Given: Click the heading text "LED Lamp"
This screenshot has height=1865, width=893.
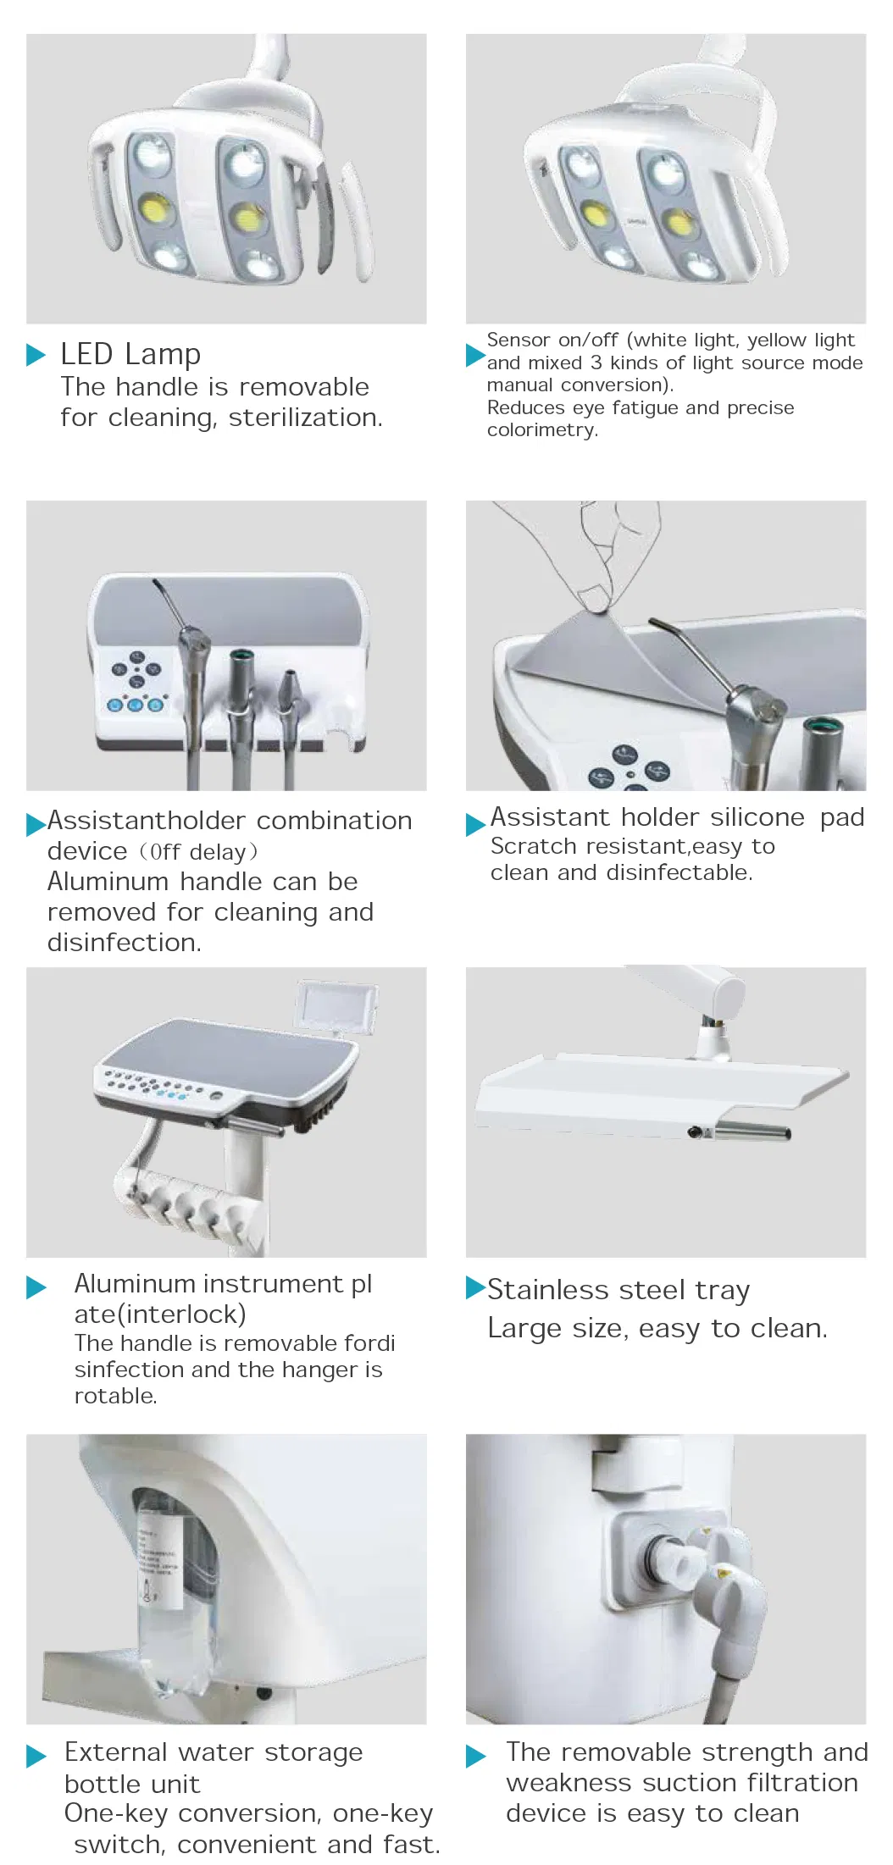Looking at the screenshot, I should (x=130, y=353).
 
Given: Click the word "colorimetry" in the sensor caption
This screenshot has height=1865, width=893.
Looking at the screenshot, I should (x=541, y=430).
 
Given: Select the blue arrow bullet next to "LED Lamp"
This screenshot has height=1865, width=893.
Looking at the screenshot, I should (x=36, y=355).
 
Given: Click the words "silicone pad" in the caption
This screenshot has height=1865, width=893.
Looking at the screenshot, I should (x=787, y=817).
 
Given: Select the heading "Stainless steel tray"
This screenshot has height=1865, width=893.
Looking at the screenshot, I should (x=618, y=1290).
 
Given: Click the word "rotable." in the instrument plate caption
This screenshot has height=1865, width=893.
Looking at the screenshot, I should (x=115, y=1396).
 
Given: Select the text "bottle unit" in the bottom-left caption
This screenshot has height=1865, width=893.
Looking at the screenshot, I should (x=132, y=1785).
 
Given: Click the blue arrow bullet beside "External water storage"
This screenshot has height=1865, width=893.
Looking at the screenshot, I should (x=36, y=1755).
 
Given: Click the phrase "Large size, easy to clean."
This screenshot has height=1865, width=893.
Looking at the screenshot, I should (x=657, y=1328).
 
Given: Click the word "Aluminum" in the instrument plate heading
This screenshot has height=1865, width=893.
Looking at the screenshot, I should (x=136, y=1284).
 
